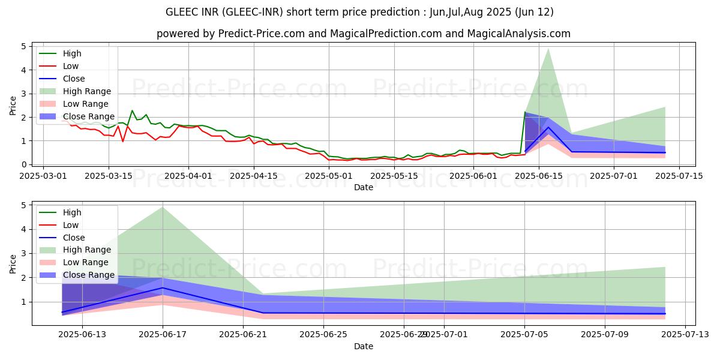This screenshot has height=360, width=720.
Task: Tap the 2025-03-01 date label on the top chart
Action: [43, 176]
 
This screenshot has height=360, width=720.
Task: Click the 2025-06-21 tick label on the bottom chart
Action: [243, 335]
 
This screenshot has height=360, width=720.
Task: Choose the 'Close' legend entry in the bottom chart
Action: [73, 238]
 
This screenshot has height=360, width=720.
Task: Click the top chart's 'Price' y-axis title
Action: [13, 105]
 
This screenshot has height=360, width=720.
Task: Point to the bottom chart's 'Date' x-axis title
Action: [363, 346]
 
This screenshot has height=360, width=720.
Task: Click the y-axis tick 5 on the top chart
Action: [24, 46]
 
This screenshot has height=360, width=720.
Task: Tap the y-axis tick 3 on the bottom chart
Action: [24, 253]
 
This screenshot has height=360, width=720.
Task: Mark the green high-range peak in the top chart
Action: [548, 49]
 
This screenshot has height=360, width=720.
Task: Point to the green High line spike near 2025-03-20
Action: [132, 110]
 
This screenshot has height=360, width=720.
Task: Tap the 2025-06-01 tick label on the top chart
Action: [473, 176]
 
